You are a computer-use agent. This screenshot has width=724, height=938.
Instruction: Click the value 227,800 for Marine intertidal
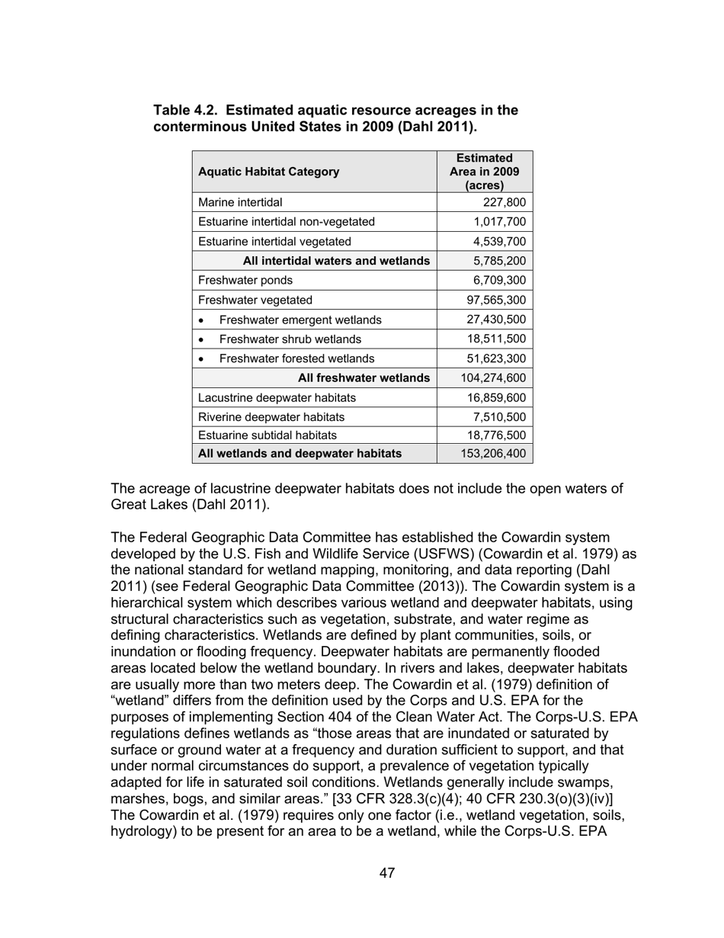pyautogui.click(x=505, y=202)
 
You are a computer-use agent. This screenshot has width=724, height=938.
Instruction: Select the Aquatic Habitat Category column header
pyautogui.click(x=269, y=172)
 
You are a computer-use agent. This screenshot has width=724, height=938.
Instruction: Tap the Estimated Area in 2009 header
pyautogui.click(x=485, y=172)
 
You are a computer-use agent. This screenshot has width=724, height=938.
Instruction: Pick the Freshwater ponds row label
pyautogui.click(x=245, y=281)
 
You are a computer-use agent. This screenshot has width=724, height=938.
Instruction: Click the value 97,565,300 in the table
pyautogui.click(x=494, y=300)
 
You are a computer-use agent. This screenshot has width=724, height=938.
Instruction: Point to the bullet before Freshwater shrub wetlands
pyautogui.click(x=201, y=339)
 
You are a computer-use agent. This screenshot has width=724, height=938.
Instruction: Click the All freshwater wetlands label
pyautogui.click(x=364, y=378)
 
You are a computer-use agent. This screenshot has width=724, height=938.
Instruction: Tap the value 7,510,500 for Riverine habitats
pyautogui.click(x=498, y=417)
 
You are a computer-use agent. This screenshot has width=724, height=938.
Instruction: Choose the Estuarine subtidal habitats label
pyautogui.click(x=267, y=435)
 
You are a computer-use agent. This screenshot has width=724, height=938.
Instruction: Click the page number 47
pyautogui.click(x=387, y=873)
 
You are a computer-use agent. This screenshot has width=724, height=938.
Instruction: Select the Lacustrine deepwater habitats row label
pyautogui.click(x=277, y=398)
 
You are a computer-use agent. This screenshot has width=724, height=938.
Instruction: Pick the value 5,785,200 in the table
pyautogui.click(x=500, y=262)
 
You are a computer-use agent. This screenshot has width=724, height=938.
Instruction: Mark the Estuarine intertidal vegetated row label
pyautogui.click(x=274, y=242)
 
